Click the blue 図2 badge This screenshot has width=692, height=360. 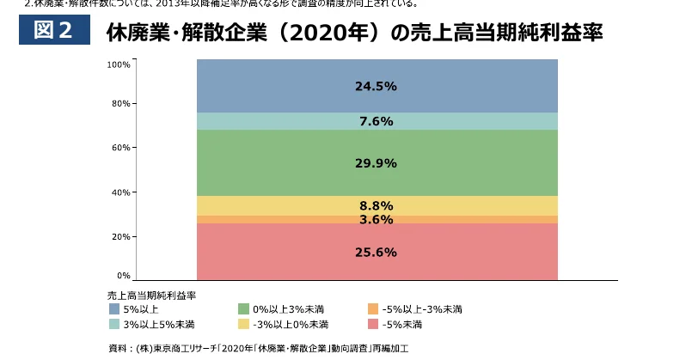point(53,31)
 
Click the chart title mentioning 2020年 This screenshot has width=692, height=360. point(353,34)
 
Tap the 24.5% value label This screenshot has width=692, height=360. point(376,86)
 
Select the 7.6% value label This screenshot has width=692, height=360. point(376,121)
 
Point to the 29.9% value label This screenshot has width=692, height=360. point(376,163)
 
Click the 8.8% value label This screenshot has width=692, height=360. point(376,205)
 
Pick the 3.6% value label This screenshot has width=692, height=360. point(376,219)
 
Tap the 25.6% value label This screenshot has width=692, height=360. point(376,252)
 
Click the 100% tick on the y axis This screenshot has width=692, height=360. point(119,64)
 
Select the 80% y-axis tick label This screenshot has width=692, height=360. point(121,104)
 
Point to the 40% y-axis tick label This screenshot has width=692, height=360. point(121,192)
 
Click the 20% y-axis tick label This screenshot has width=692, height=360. point(121,236)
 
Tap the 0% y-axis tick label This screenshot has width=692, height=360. point(124,276)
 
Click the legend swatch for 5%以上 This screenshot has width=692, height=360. point(114,308)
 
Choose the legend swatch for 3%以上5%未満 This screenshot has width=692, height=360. point(114,324)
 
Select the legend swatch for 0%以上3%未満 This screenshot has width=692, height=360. point(243,308)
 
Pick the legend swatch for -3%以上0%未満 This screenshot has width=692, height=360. point(243,324)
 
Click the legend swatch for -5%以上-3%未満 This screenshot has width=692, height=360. point(372,308)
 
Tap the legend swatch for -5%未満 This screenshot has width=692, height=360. point(372,324)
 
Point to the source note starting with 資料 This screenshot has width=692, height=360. point(258,349)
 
